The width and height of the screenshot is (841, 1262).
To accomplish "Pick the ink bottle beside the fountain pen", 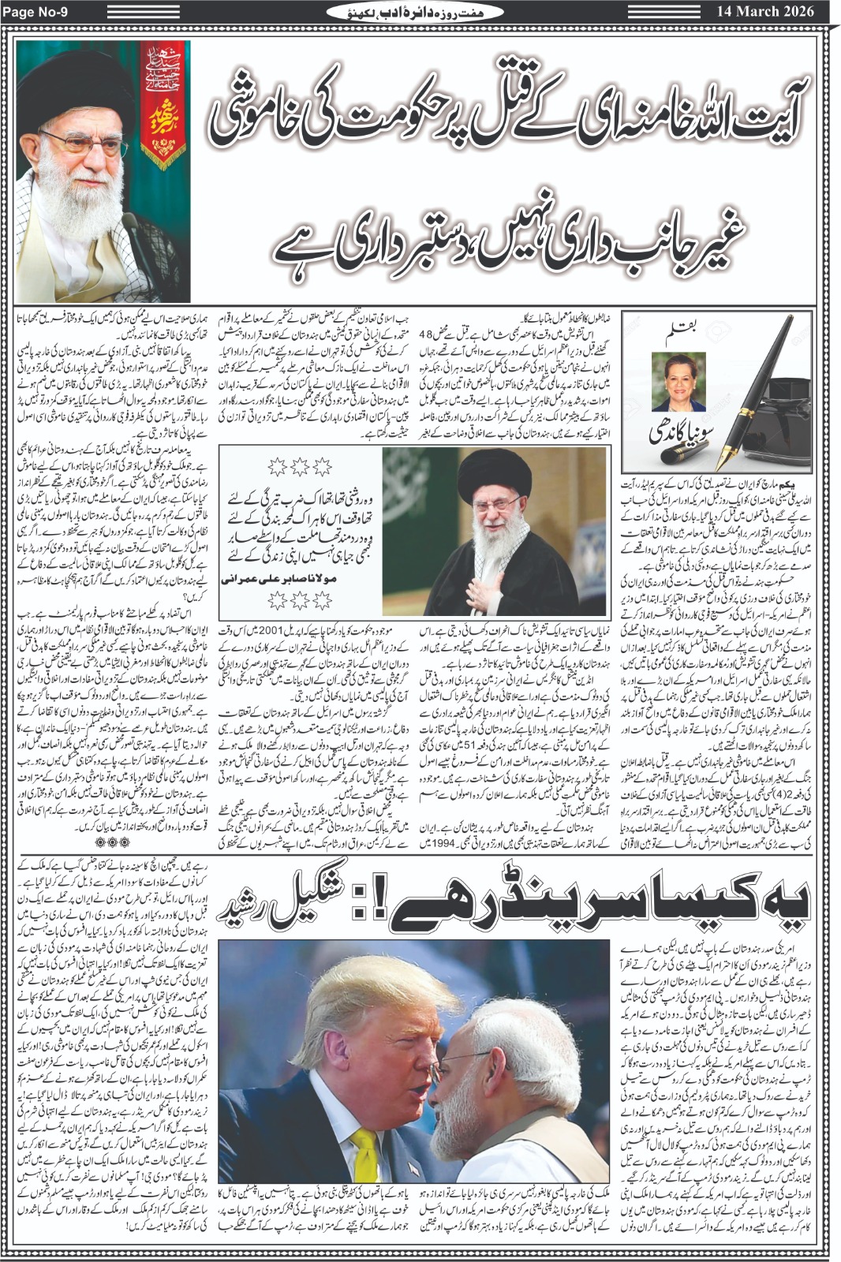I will point(790,401).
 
